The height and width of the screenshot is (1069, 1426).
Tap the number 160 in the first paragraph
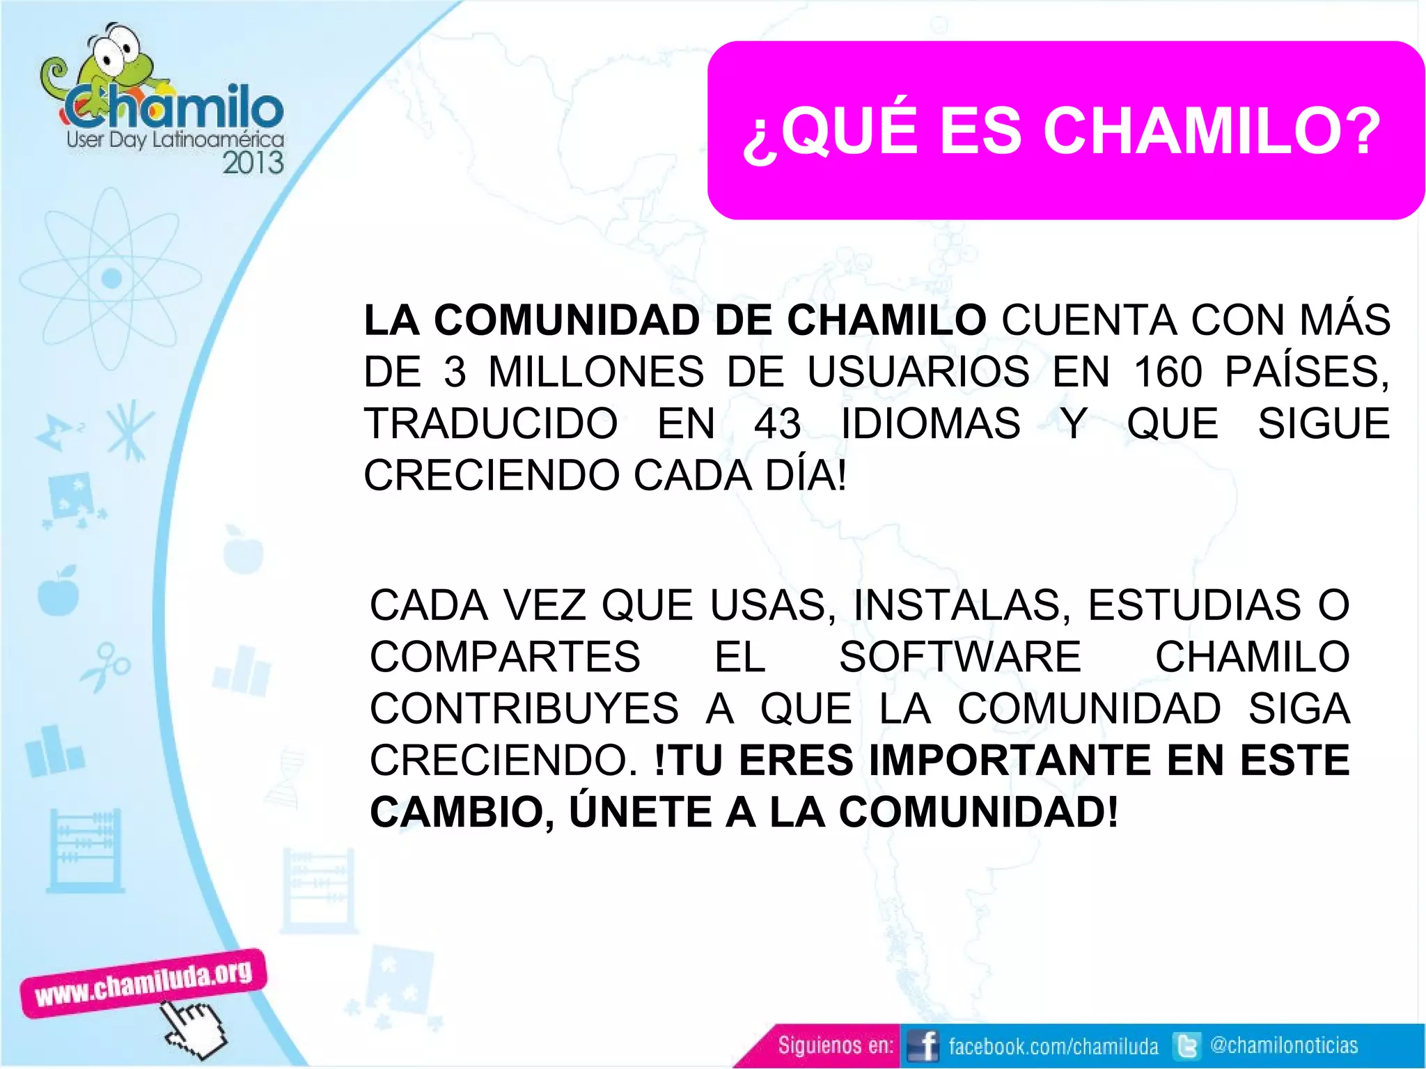pos(1168,372)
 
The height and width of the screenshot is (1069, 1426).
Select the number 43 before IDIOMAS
pos(777,423)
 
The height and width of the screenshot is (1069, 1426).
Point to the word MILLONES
pos(596,372)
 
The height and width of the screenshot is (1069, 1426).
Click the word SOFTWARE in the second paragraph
pos(960,657)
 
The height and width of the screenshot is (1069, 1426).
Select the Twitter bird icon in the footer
pos(1186,1046)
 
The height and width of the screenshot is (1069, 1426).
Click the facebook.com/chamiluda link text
pos(1053,1046)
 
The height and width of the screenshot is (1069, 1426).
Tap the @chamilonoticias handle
pos(1284,1045)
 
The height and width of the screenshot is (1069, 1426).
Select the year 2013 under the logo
pos(253,163)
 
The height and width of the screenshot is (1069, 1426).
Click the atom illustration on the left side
pos(111,279)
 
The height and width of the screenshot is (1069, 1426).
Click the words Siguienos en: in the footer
pos(835,1046)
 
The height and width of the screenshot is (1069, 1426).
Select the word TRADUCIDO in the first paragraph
pos(491,423)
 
